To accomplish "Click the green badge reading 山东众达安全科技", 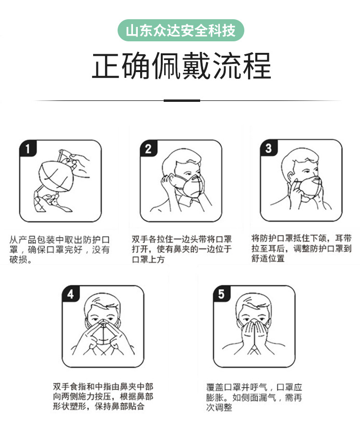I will tap(180, 31).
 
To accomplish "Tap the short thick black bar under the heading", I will tap(181, 100).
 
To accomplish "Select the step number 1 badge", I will tap(28, 149).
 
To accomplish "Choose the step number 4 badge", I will tap(71, 295).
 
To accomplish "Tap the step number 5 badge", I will tap(221, 295).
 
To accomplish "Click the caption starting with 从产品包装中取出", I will tap(60, 249).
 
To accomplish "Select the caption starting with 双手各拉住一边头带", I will tap(181, 249).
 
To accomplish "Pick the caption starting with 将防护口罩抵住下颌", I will tap(301, 248).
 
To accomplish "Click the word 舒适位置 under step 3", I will tap(268, 259).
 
